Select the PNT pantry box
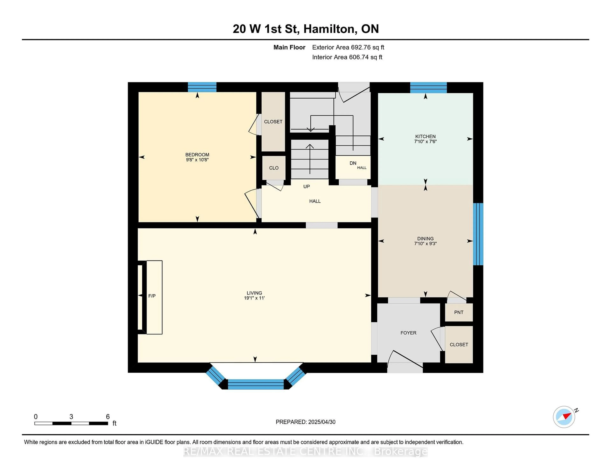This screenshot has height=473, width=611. pos(459,312)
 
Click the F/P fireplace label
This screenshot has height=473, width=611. pos(152,296)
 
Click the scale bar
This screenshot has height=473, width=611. pos(71,423)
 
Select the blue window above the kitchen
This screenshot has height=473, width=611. pos(428,87)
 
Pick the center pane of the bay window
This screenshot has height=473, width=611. pos(256,384)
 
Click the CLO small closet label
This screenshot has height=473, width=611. pos(274,168)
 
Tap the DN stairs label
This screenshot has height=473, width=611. pos(353,163)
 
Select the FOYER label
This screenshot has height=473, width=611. pos(408,333)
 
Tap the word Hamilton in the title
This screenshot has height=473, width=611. pos(330,29)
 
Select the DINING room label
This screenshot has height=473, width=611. pos(425,238)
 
